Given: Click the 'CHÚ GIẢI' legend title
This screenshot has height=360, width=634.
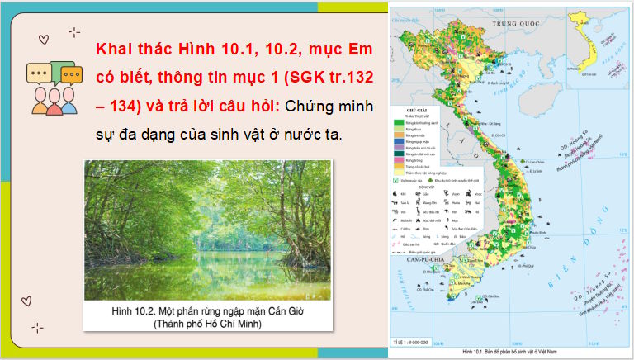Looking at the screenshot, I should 409,108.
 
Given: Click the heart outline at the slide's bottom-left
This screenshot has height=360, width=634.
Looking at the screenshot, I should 26,300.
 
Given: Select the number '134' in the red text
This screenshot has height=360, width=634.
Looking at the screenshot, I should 125,107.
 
